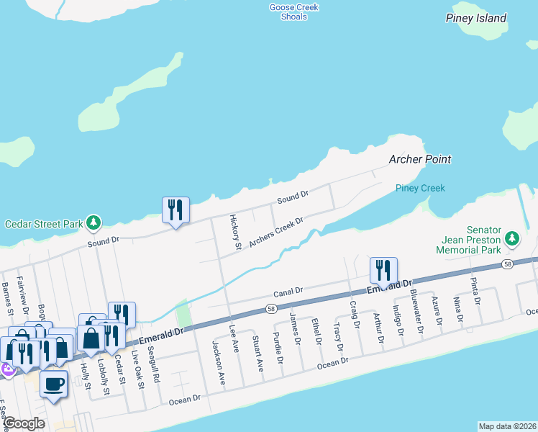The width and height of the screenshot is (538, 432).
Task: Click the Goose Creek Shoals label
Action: click(293, 12)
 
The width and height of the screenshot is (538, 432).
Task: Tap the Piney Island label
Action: click(475, 18)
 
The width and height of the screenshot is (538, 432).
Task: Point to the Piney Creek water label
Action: click(420, 188)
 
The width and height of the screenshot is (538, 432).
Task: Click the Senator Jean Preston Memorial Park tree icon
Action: click(511, 238)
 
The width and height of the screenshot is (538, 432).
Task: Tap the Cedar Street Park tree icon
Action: click(93, 223)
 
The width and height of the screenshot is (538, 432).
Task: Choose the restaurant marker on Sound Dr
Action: click(175, 210)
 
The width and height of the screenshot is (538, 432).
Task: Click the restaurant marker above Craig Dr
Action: click(383, 271)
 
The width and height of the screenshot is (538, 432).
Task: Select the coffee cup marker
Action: click(53, 383)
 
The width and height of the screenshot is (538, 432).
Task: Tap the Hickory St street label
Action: click(235, 232)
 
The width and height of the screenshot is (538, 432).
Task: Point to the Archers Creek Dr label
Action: click(277, 233)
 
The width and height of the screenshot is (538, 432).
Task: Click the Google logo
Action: click(23, 423)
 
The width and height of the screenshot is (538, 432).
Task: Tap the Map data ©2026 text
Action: click(507, 426)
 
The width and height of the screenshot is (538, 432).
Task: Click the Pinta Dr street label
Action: click(474, 291)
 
